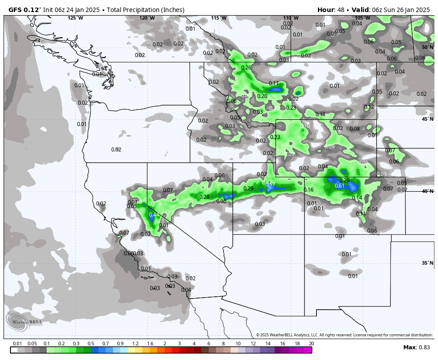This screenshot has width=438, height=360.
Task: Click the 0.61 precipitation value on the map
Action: [340, 186]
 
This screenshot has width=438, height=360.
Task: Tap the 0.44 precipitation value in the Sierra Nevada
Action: [154, 215]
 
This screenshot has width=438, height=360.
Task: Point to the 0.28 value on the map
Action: [204, 197]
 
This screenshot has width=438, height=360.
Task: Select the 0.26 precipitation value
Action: [246, 68]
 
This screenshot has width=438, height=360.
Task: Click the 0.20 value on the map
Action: [262, 96]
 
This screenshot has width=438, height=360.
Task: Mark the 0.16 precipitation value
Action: [308, 190]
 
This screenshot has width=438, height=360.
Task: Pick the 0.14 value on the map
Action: [357, 198]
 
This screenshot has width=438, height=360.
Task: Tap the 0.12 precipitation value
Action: [369, 107]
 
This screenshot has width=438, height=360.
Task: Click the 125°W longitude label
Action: [75, 18]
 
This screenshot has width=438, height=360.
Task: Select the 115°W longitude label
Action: [219, 18]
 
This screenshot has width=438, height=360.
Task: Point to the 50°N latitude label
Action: [427, 47]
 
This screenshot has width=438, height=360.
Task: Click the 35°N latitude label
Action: [427, 263]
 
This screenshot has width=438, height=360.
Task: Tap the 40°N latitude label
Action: [427, 191]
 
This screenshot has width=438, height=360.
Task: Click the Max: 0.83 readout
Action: [417, 348]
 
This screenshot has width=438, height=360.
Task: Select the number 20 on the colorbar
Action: [311, 344]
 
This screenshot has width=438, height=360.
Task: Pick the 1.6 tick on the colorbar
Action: [150, 344]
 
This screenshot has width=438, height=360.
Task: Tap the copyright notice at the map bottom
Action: [344, 335]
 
